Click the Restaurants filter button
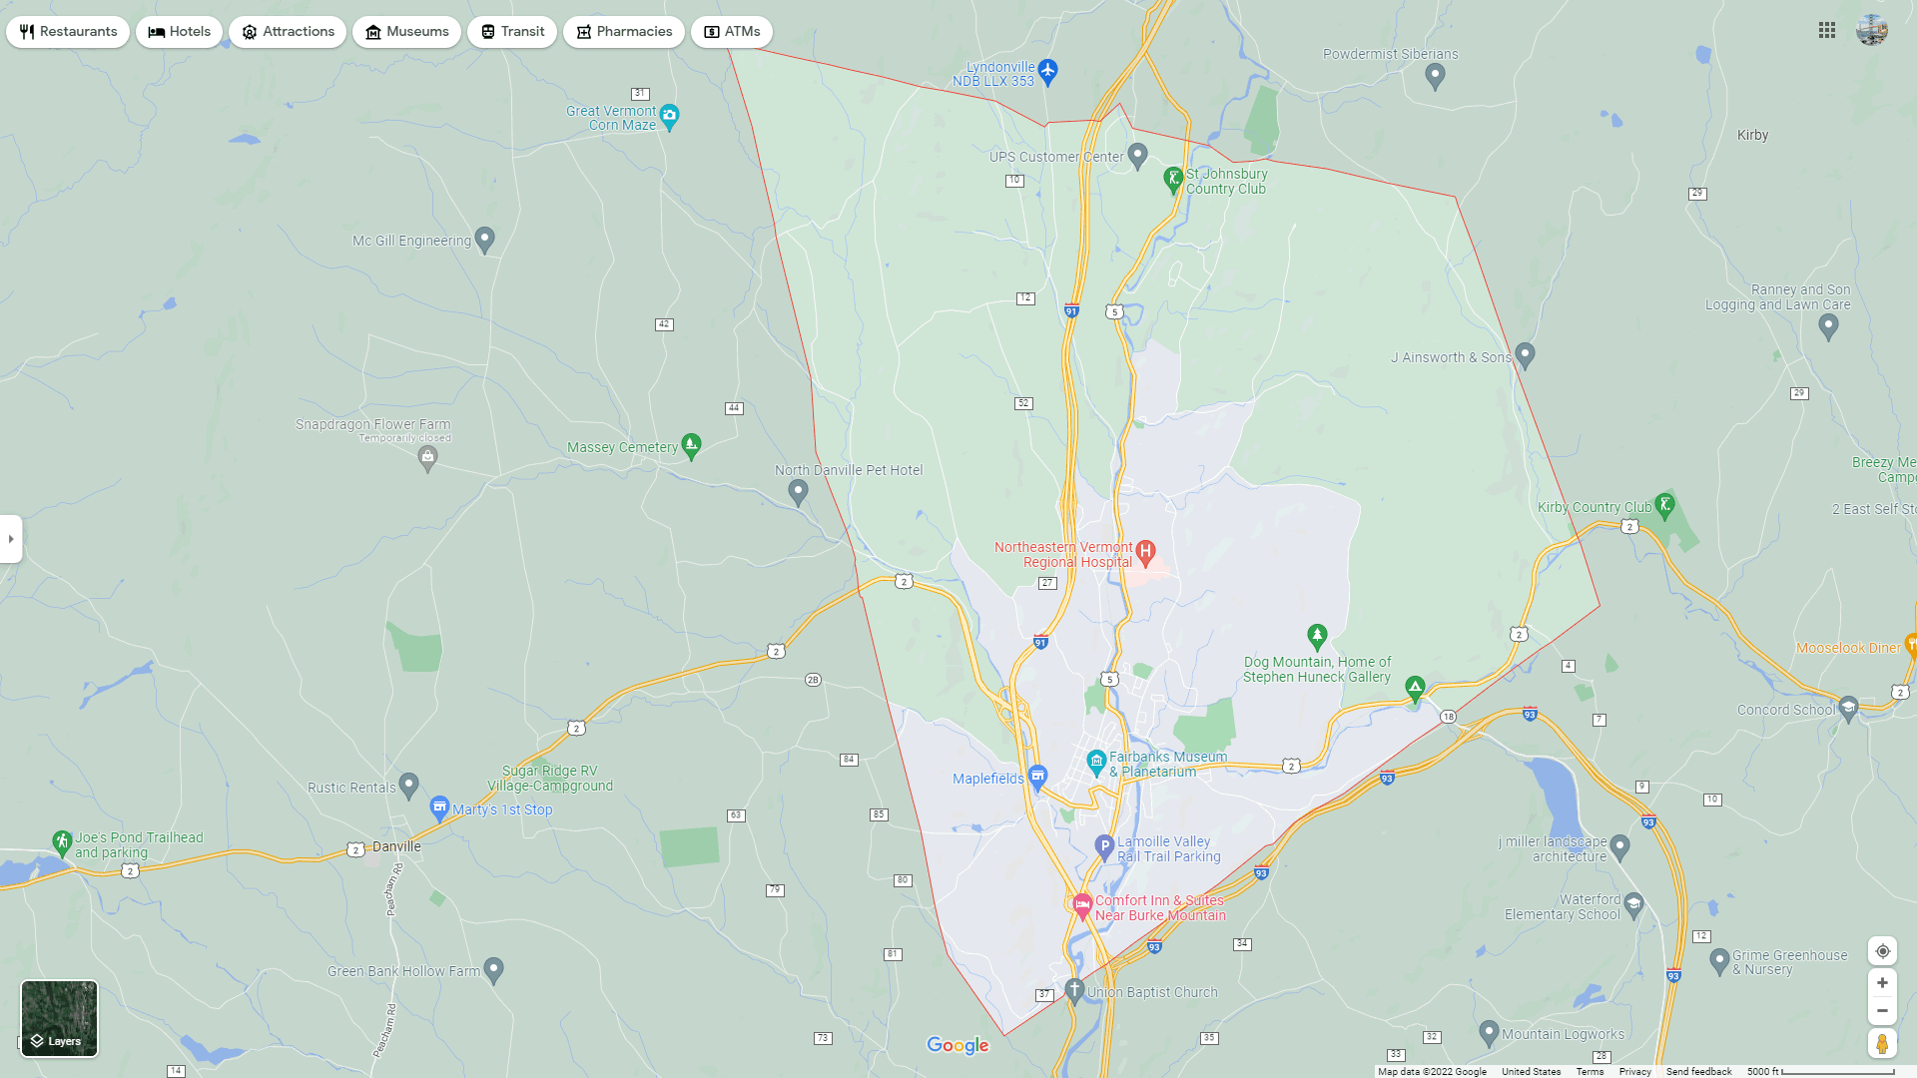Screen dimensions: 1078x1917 68,32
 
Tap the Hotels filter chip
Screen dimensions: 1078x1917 180,32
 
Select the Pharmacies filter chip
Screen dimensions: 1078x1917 624,32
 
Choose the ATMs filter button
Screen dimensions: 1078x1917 732,32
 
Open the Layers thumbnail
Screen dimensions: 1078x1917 60,1018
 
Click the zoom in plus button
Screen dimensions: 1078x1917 1882,983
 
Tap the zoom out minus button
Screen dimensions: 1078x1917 1882,1011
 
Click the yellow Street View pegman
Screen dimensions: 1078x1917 1882,1044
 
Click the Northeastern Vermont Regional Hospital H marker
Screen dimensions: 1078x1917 1146,551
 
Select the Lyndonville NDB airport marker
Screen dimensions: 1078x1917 1047,71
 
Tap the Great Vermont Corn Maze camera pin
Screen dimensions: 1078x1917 670,116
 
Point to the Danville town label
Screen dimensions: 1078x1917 396,846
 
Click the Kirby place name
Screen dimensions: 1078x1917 1752,136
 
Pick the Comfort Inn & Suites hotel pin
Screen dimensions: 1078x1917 1082,904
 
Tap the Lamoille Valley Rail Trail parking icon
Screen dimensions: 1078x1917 1104,846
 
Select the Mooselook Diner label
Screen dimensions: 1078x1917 1848,648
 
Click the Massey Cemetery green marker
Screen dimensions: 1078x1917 691,444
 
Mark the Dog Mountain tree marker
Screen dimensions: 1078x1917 1317,635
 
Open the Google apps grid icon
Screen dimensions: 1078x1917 1827,31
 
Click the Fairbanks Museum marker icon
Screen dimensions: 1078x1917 1096,763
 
